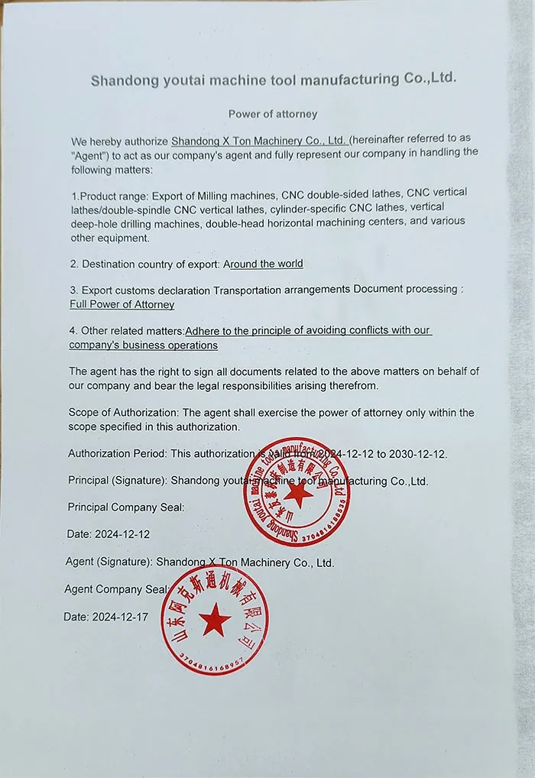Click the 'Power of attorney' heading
272,114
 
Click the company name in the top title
273,79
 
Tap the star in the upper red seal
297,494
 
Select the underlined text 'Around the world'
264,264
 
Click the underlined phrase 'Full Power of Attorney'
122,304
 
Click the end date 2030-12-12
417,453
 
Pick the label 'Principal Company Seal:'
125,507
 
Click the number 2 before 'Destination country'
73,264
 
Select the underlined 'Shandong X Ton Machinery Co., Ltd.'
260,141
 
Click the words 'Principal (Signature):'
117,481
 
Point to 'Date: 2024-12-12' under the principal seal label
109,534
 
